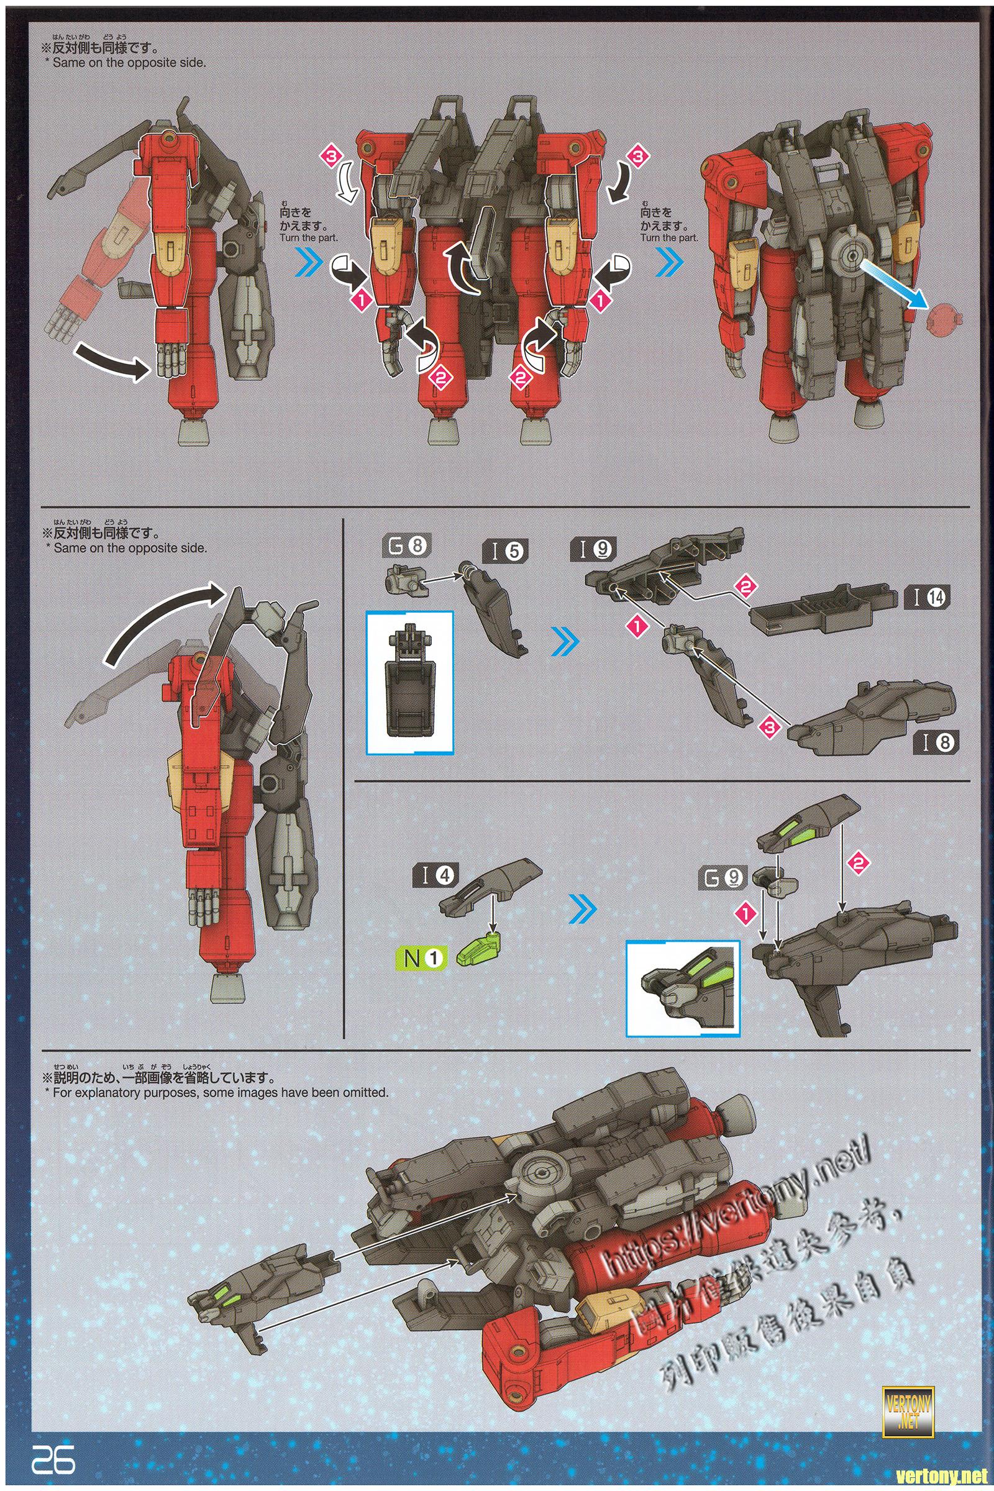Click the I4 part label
click(x=437, y=875)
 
